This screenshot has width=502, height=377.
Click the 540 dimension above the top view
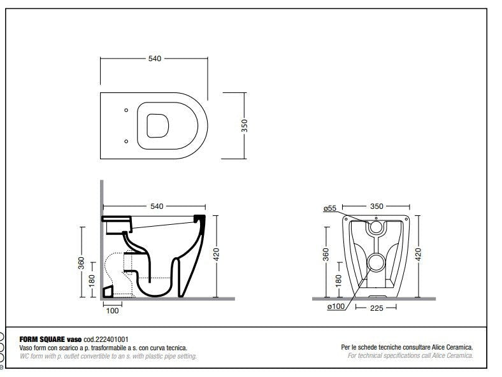click(x=154, y=59)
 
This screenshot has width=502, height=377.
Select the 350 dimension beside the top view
click(x=244, y=125)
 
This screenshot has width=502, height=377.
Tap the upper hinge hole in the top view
click(x=126, y=111)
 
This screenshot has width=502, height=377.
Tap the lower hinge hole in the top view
click(x=126, y=141)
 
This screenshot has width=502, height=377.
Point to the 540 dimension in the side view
click(x=157, y=206)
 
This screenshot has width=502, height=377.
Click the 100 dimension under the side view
click(x=112, y=310)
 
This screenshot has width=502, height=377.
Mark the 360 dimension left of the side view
click(x=82, y=262)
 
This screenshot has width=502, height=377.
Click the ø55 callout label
click(x=330, y=208)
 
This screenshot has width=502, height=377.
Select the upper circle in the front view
click(x=376, y=226)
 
